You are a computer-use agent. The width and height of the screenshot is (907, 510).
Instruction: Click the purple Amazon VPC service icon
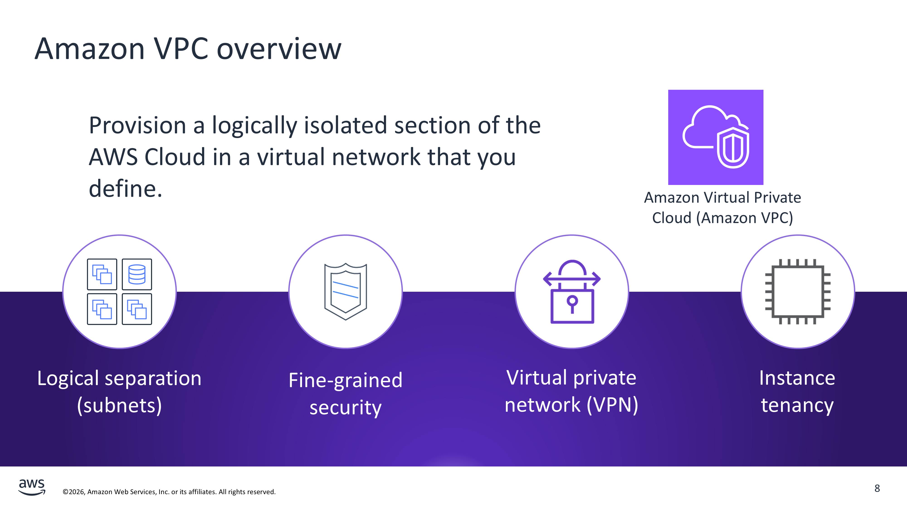(x=715, y=137)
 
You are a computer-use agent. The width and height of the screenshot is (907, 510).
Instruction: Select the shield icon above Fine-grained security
(x=345, y=291)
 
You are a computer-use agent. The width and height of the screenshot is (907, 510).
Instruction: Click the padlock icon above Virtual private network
(x=572, y=292)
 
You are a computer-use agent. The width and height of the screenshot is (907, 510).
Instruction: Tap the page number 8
(x=877, y=488)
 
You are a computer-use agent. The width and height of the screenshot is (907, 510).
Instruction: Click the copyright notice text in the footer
(x=169, y=492)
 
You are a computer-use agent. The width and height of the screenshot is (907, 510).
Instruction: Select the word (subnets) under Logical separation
(x=119, y=406)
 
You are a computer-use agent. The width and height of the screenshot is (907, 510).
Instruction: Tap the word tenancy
(x=797, y=406)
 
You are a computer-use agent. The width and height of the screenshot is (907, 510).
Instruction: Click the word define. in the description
(x=125, y=189)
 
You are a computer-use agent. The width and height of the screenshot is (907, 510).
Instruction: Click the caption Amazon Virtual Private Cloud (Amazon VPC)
(x=722, y=208)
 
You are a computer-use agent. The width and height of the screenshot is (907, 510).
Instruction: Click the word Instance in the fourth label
(x=797, y=378)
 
